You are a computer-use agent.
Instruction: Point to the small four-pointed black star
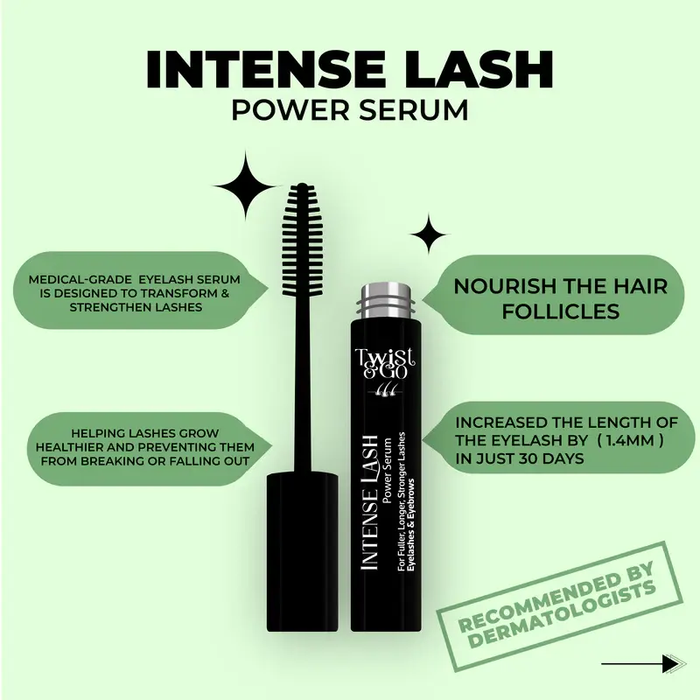429,234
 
